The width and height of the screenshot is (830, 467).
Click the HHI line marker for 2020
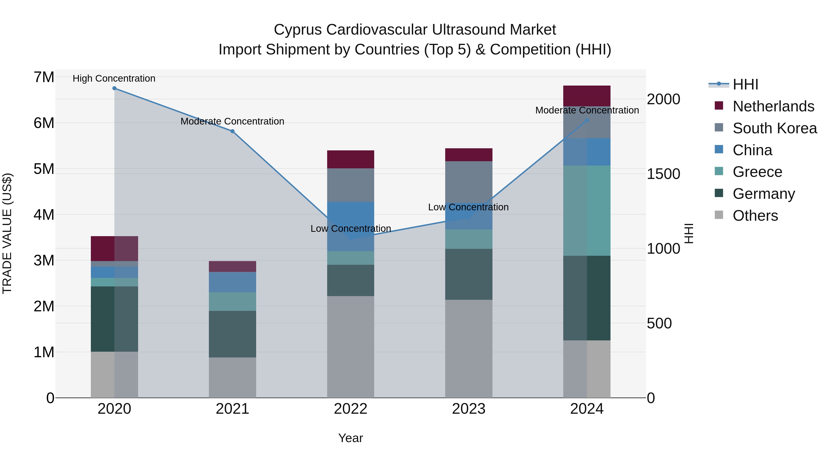click(114, 88)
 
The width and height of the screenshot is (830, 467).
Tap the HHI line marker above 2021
click(232, 131)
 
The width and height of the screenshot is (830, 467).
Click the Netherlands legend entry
click(773, 106)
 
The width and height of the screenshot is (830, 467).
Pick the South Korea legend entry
click(775, 128)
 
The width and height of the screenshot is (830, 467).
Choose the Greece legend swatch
click(719, 171)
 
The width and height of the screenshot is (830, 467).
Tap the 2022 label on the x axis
click(350, 409)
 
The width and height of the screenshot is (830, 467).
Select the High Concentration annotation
click(114, 78)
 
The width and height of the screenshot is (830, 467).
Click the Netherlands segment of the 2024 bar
click(587, 96)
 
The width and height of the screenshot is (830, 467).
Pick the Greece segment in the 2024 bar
click(587, 211)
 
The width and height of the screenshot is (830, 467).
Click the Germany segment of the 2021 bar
click(232, 334)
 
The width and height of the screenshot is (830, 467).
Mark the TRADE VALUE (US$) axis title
click(7, 233)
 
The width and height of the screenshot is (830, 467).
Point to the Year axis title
click(350, 438)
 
